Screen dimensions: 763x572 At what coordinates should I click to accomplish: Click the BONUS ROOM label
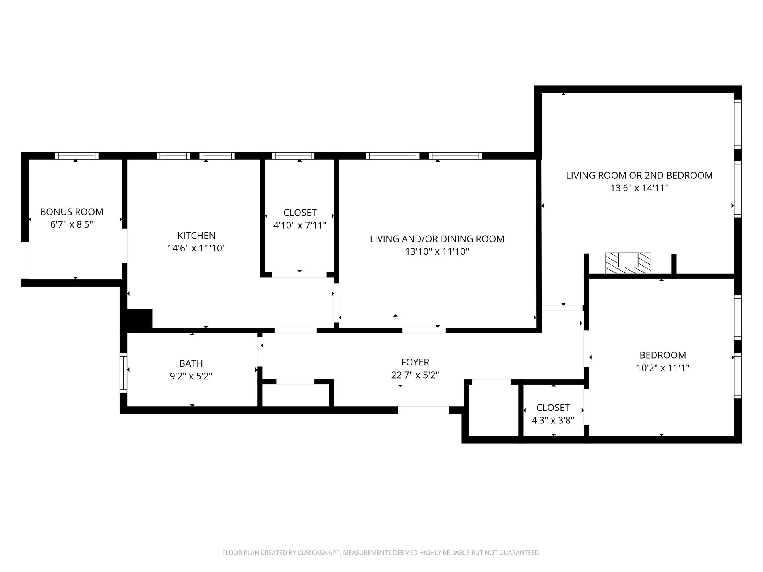click(x=72, y=212)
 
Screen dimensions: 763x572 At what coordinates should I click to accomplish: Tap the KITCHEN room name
click(x=196, y=236)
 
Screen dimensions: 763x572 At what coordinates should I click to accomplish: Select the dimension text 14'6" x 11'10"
click(x=196, y=248)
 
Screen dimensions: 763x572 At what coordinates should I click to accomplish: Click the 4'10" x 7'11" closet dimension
click(x=300, y=225)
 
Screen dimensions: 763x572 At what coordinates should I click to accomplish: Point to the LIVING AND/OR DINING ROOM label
click(x=437, y=239)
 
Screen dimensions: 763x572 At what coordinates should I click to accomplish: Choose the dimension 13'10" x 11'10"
click(x=437, y=251)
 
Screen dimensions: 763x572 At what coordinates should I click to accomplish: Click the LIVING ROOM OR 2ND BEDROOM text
click(x=639, y=175)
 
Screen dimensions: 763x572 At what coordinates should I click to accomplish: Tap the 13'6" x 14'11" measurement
click(x=639, y=188)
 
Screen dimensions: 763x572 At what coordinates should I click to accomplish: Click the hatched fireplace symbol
click(x=628, y=263)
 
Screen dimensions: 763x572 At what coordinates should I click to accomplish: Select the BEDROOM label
click(x=662, y=355)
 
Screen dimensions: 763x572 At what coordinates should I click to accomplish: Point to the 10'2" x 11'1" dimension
click(x=662, y=368)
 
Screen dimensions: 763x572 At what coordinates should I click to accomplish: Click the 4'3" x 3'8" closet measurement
click(x=553, y=420)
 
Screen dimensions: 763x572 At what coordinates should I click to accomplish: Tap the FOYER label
click(x=415, y=362)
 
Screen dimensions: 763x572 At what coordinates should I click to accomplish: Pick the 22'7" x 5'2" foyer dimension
click(x=415, y=375)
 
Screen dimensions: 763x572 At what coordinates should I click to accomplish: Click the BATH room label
click(x=191, y=363)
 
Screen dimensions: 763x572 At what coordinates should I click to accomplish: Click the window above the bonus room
click(x=77, y=156)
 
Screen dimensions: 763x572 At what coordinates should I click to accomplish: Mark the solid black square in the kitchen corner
click(x=139, y=319)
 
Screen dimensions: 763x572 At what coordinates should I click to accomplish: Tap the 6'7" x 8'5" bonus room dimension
click(x=72, y=224)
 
